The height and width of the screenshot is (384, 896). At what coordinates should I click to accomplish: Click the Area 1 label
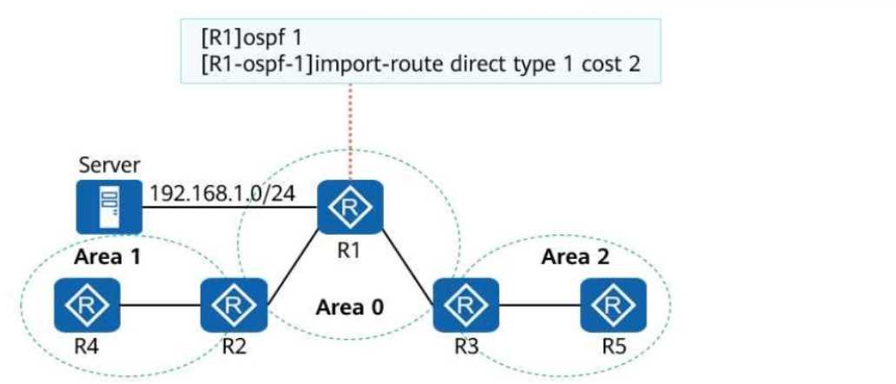pos(108,257)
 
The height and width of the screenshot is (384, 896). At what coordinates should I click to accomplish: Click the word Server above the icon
pos(108,164)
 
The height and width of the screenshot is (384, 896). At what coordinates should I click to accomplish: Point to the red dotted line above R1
pos(351,130)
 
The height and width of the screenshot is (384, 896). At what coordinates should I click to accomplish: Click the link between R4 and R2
pos(159,305)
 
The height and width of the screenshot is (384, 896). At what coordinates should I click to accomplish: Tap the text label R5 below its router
pos(615,351)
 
